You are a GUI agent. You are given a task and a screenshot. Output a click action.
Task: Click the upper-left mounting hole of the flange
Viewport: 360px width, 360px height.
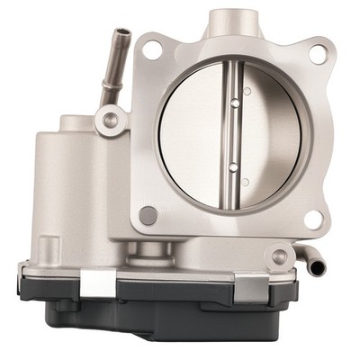[153, 50]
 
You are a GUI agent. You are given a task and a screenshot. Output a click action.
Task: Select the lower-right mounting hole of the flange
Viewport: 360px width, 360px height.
[312, 218]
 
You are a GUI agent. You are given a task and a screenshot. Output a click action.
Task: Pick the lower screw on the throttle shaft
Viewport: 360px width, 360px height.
[232, 166]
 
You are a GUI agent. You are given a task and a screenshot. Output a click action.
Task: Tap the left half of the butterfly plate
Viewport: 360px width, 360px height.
[193, 135]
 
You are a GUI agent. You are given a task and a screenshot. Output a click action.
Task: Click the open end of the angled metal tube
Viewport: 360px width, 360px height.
[120, 35]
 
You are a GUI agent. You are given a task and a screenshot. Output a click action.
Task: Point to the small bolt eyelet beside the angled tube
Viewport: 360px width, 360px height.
[110, 118]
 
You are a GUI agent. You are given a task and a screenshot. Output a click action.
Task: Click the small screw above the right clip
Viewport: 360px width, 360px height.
[279, 257]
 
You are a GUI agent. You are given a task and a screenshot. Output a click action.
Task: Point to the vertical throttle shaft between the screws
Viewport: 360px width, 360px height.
[232, 135]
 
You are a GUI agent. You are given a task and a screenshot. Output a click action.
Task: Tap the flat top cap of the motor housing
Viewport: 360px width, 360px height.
[76, 122]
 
